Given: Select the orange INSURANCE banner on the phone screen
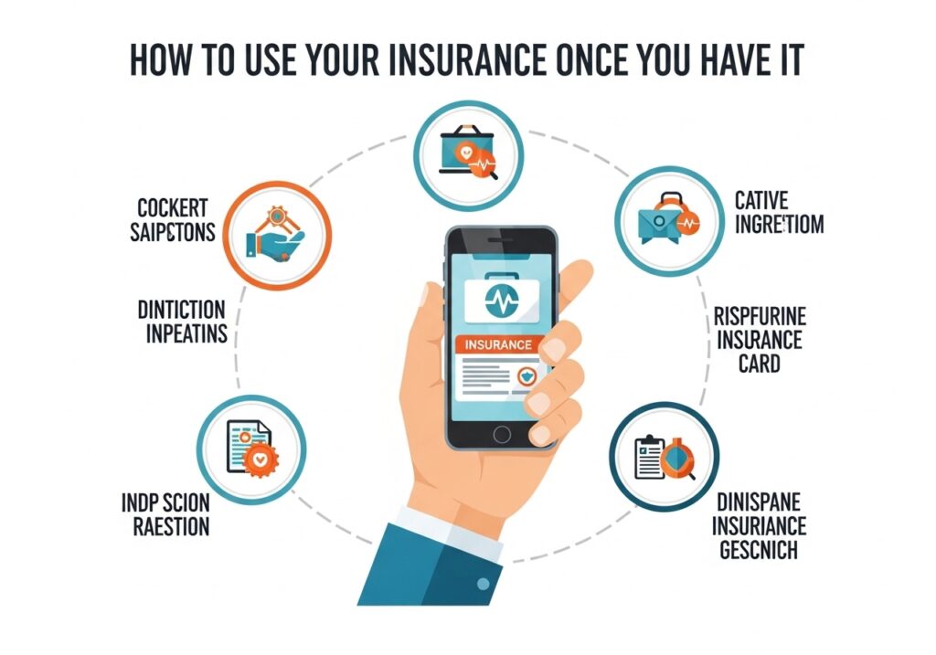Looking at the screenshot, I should click(498, 345).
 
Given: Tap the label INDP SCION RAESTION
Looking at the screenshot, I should click(165, 514).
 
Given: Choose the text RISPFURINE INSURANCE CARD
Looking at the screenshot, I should click(759, 340).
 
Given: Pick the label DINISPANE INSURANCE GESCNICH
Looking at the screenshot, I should click(759, 526).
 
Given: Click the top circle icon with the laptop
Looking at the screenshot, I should click(467, 147).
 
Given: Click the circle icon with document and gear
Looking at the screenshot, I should click(250, 449).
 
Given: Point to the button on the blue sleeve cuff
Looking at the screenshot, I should click(479, 581).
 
